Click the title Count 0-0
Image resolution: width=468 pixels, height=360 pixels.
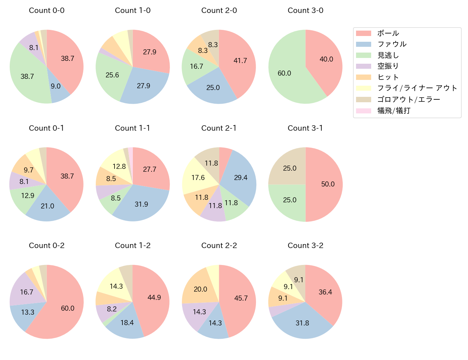click(46, 10)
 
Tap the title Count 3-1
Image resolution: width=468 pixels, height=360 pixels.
click(305, 128)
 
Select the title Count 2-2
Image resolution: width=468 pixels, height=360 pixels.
click(219, 246)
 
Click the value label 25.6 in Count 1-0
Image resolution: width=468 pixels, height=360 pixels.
click(112, 75)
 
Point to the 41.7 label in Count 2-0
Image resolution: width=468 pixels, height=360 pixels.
click(240, 60)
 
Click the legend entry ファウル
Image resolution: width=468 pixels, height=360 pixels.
click(392, 44)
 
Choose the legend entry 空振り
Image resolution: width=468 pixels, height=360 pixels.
click(388, 66)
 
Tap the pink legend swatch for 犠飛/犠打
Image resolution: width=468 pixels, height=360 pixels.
click(363, 111)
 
